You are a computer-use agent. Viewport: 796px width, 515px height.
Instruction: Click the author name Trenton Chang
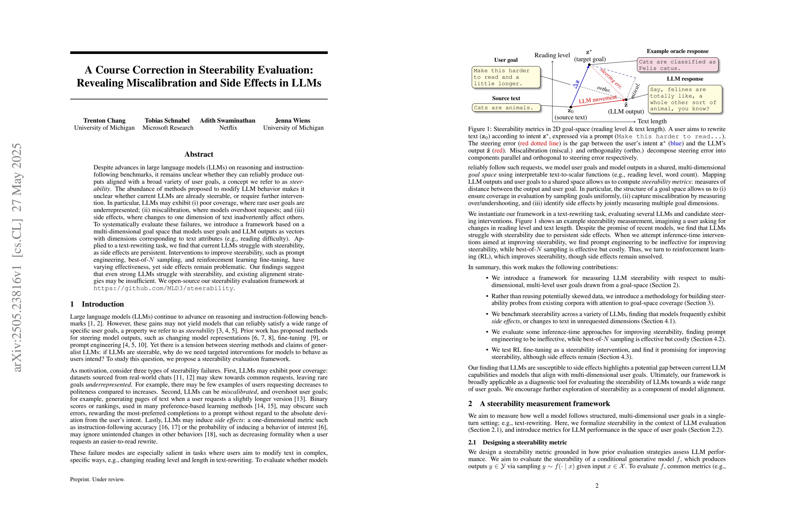tap(104, 120)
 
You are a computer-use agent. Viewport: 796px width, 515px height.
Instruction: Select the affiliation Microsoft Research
tap(167, 128)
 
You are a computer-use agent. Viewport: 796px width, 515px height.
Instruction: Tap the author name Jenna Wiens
tap(293, 120)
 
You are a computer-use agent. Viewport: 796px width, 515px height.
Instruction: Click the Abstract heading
tap(199, 154)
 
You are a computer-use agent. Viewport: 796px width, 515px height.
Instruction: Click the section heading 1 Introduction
tap(97, 304)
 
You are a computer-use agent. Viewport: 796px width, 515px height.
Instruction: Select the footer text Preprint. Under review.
tap(97, 479)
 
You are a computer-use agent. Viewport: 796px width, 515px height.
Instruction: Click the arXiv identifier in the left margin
tap(17, 257)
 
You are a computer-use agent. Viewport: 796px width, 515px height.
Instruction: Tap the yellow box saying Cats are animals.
tap(506, 108)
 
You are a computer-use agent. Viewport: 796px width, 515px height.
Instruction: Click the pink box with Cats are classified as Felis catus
tap(677, 65)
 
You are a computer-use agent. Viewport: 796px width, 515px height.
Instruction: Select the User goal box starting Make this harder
tap(506, 77)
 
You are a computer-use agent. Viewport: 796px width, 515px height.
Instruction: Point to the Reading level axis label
tap(552, 55)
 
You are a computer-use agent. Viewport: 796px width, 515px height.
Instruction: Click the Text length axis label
tap(652, 121)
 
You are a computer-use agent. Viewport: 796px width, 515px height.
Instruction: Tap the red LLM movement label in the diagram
tap(597, 99)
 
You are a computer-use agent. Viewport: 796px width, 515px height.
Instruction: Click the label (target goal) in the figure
tap(590, 59)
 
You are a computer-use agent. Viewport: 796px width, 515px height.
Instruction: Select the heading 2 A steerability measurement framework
tap(539, 403)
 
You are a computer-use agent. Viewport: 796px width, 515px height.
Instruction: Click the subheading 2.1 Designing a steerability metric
tap(517, 442)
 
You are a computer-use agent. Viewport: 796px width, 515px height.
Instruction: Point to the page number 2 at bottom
tap(597, 485)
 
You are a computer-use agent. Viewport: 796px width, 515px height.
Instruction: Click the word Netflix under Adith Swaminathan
tap(228, 128)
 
